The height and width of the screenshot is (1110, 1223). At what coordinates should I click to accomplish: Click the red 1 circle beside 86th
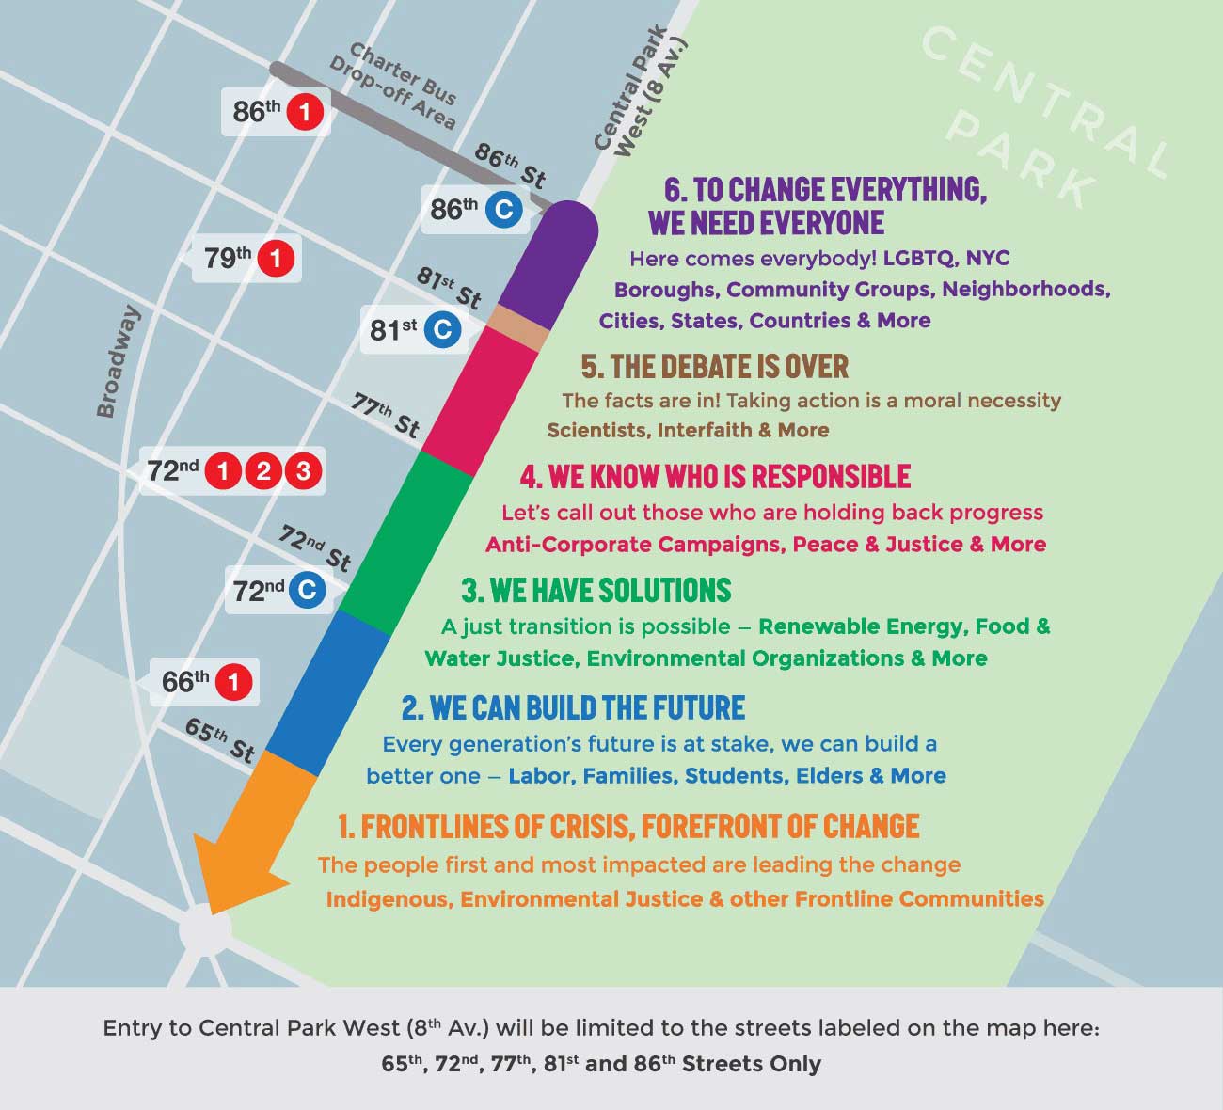(305, 113)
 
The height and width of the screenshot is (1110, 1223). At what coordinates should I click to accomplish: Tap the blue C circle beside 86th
(503, 209)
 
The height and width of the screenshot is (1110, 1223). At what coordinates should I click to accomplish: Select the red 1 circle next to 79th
(276, 258)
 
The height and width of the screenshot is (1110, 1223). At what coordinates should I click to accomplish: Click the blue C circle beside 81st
(442, 330)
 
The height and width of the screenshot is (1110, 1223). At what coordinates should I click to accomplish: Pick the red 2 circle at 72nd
(263, 470)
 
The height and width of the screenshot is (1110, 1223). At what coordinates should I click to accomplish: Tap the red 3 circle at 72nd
(303, 470)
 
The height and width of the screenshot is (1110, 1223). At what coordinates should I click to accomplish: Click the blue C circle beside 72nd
(306, 590)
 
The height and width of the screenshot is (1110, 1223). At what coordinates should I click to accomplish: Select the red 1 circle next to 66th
(234, 682)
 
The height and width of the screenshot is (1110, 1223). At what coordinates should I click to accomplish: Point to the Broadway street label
(119, 361)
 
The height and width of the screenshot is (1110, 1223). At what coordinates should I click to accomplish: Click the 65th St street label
(220, 739)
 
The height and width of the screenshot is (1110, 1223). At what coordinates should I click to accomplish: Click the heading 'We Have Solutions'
(596, 591)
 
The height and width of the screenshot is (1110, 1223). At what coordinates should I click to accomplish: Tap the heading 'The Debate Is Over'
(714, 366)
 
